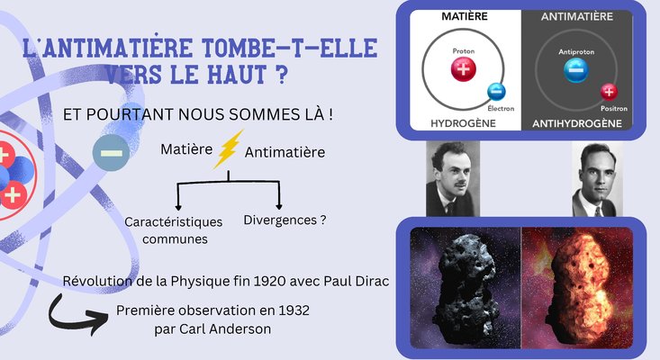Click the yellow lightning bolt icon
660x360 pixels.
pyautogui.click(x=228, y=149)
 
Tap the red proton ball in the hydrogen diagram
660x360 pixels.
pyautogui.click(x=464, y=69)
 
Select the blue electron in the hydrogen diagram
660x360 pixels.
pyautogui.click(x=497, y=92)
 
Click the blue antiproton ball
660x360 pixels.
pyautogui.click(x=576, y=70)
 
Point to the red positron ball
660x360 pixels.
pyautogui.click(x=609, y=92)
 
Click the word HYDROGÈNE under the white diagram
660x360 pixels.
pyautogui.click(x=463, y=123)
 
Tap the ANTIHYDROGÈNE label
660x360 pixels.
pyautogui.click(x=576, y=123)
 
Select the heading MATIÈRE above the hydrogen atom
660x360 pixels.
pyautogui.click(x=465, y=16)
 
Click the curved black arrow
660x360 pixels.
pyautogui.click(x=77, y=315)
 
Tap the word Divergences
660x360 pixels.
pyautogui.click(x=280, y=220)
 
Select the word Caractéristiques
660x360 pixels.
pyautogui.click(x=174, y=221)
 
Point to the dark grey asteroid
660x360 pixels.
pyautogui.click(x=467, y=286)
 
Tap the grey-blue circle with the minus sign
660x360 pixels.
pyautogui.click(x=111, y=153)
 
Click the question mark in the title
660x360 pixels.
pyautogui.click(x=282, y=74)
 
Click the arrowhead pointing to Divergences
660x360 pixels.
pyautogui.click(x=278, y=206)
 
